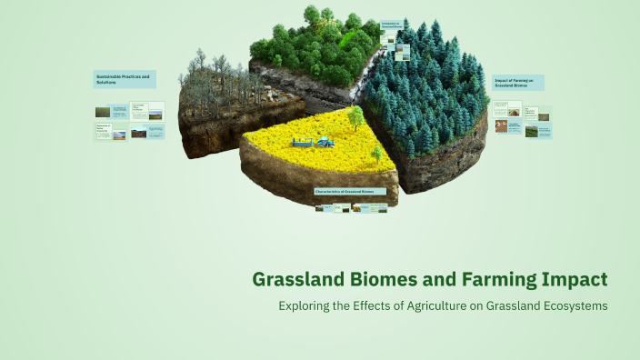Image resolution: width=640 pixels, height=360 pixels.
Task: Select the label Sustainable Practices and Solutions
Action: [125, 79]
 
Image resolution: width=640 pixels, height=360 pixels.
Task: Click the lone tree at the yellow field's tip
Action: [355, 115]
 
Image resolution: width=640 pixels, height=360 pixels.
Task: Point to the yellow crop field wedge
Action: [309, 155]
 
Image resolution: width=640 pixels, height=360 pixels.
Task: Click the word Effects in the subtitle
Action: [370, 306]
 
